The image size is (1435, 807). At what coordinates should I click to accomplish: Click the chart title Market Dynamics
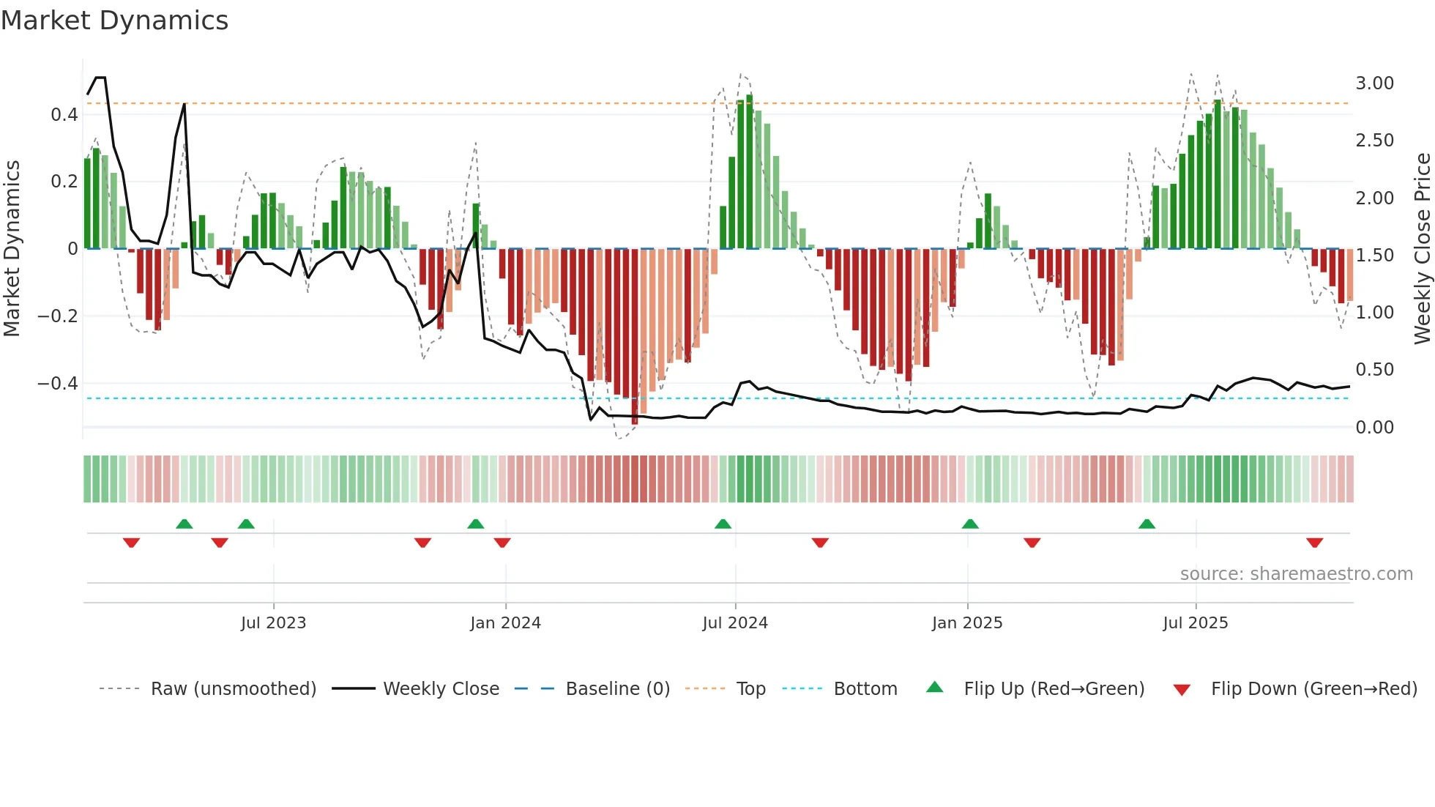[x=115, y=21]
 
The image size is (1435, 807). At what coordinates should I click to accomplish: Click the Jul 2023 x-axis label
[x=273, y=623]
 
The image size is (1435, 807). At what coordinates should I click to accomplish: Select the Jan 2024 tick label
[x=505, y=623]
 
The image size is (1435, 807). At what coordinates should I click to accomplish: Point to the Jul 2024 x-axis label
[x=735, y=623]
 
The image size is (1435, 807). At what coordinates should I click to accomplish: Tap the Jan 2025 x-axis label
[x=967, y=623]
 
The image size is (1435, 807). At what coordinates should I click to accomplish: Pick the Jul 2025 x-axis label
[x=1196, y=623]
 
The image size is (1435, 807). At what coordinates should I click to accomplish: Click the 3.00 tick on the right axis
[x=1374, y=83]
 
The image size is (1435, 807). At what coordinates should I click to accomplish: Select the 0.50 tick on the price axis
[x=1374, y=370]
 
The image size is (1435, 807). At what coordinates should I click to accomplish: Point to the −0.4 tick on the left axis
[x=58, y=384]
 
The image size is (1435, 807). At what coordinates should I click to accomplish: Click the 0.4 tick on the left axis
[x=64, y=115]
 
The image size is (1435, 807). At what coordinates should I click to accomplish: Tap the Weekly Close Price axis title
[x=1422, y=248]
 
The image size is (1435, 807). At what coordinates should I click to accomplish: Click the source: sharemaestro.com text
[x=1296, y=574]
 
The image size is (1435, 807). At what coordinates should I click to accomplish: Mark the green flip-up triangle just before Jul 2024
[x=723, y=524]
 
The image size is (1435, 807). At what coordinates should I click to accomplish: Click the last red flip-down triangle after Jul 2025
[x=1314, y=543]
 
